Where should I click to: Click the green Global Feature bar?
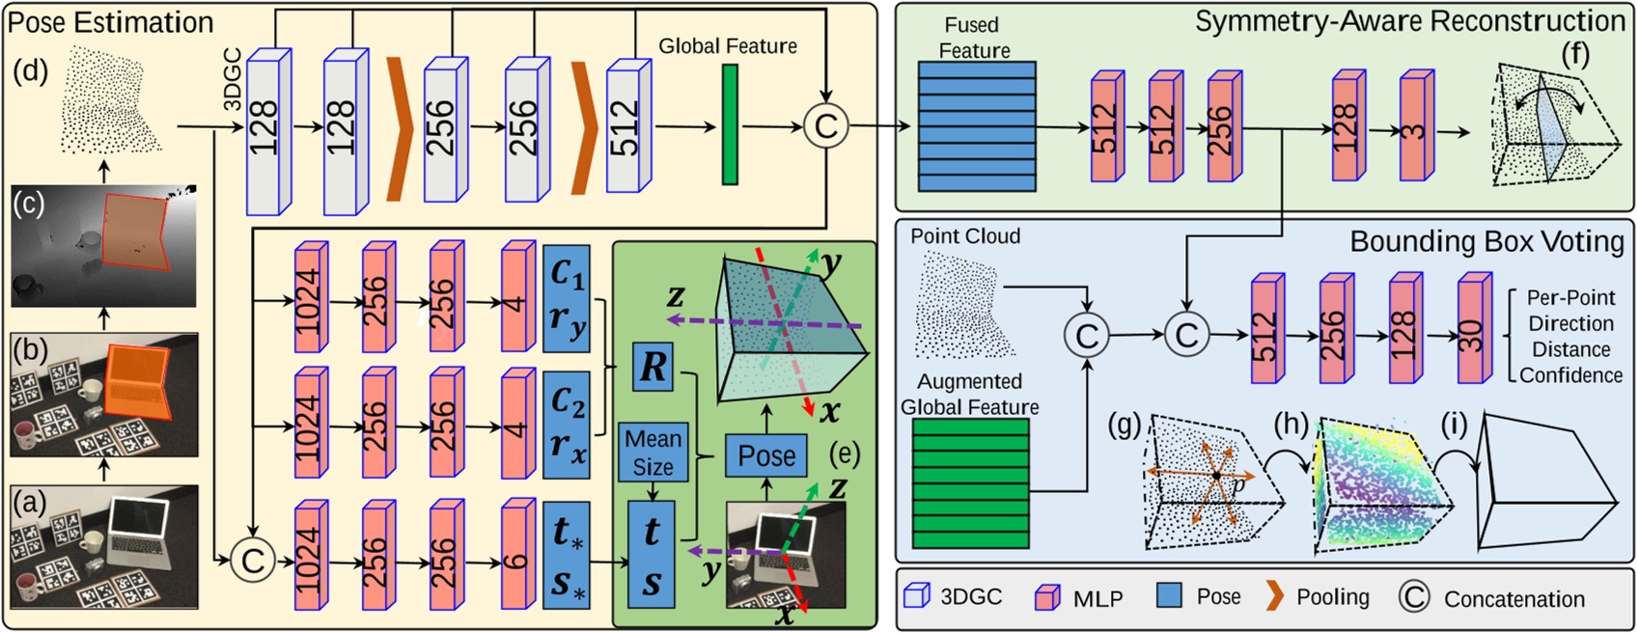(x=730, y=124)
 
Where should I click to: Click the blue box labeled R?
(x=653, y=367)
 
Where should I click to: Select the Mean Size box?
(x=652, y=452)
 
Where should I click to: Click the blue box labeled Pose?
(x=766, y=455)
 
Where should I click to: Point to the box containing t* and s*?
(x=568, y=558)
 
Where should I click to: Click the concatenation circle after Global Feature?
(x=826, y=125)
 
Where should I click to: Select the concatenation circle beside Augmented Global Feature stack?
(x=1087, y=336)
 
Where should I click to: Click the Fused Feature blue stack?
(x=975, y=125)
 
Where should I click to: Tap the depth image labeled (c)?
(x=104, y=247)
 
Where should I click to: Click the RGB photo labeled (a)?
(x=104, y=546)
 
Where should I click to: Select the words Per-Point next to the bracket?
(x=1570, y=298)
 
